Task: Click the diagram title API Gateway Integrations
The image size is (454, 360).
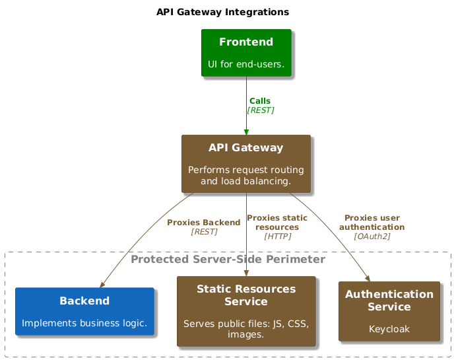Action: click(x=222, y=12)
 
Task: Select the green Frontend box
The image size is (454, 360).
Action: click(x=246, y=53)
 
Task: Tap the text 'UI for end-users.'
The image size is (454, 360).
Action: click(x=246, y=64)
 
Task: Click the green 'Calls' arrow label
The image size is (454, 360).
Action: click(x=260, y=101)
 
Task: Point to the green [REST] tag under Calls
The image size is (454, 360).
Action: click(x=261, y=110)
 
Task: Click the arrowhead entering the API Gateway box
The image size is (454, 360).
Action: click(x=246, y=132)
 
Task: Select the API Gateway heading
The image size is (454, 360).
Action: click(x=246, y=147)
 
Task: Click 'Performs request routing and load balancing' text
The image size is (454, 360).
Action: click(x=246, y=175)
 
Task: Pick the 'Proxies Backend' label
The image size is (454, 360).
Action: click(x=204, y=223)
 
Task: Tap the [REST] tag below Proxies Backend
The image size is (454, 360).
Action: click(x=204, y=232)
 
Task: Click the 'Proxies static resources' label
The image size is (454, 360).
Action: click(x=277, y=223)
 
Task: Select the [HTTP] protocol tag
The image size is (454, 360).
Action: click(x=278, y=236)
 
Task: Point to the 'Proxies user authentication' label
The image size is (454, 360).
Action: click(x=372, y=223)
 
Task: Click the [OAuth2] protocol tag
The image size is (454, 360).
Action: click(x=372, y=236)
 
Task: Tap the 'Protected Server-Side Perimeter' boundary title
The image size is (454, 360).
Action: click(x=228, y=259)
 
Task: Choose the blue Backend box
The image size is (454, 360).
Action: click(x=85, y=311)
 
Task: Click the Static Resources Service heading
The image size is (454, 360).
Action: click(x=246, y=295)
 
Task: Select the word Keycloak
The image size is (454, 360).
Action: click(x=389, y=329)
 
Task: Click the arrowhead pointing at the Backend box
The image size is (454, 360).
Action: click(x=102, y=285)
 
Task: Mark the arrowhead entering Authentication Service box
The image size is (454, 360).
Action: click(x=368, y=279)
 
